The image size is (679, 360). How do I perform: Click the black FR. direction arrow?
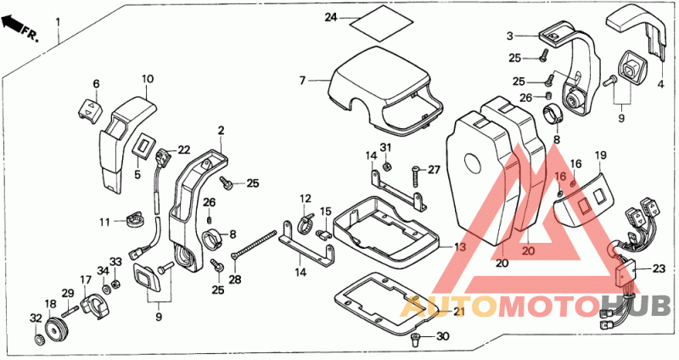point(13,23)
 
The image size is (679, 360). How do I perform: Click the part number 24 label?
point(331,18)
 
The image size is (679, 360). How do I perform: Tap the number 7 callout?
point(302,80)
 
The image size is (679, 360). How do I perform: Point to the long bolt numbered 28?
point(254,245)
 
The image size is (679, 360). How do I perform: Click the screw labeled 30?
point(415,340)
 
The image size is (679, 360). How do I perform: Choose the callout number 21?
point(458,311)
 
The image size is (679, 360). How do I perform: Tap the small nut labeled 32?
point(38,338)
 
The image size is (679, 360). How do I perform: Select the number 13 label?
point(459,247)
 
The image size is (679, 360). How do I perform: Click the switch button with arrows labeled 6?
point(91,110)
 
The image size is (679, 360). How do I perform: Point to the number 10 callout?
point(147,79)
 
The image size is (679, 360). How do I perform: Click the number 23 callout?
point(659,269)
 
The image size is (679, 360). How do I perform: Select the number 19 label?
point(601,155)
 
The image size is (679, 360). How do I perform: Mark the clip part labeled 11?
point(135,221)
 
